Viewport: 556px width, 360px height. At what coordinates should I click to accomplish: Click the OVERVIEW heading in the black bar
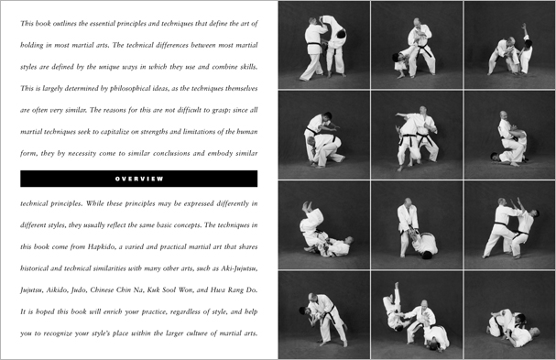pyautogui.click(x=139, y=178)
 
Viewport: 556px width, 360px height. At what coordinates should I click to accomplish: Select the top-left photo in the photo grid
pyautogui.click(x=323, y=42)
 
